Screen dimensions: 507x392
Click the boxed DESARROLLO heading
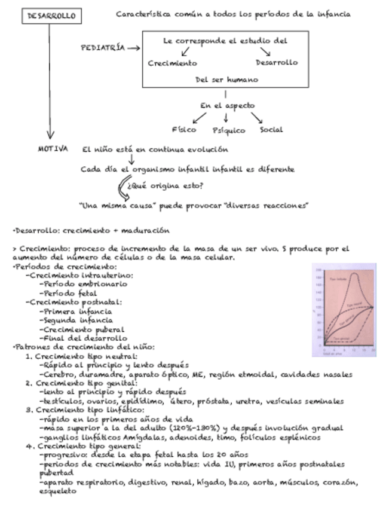51,17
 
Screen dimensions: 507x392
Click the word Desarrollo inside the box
277,62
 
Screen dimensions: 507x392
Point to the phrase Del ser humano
225,79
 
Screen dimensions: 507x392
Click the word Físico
183,129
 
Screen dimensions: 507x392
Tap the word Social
272,129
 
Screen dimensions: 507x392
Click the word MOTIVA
53,149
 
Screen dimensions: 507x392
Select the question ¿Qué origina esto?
169,187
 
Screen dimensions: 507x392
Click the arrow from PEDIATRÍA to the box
133,47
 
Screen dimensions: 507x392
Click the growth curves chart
344,310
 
